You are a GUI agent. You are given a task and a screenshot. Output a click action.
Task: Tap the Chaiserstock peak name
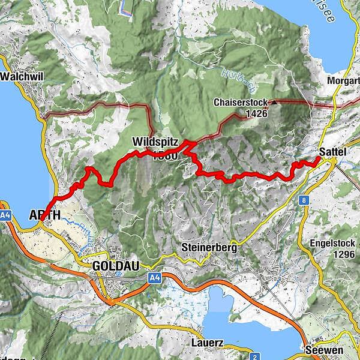(240, 103)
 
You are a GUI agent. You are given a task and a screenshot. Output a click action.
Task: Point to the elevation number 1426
(256, 112)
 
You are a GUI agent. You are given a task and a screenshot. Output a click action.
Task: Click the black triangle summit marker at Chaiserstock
(274, 103)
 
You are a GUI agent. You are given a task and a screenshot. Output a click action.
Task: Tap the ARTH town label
(44, 215)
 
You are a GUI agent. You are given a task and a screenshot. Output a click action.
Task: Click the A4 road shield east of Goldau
(155, 277)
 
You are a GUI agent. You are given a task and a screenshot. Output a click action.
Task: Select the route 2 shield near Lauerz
(255, 357)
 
